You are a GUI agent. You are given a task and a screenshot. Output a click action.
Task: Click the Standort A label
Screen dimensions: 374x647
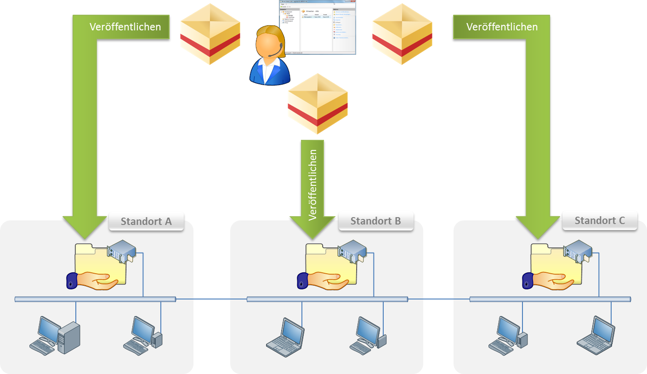pos(146,221)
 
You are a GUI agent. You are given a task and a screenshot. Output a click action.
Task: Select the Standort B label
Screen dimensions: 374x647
pos(375,221)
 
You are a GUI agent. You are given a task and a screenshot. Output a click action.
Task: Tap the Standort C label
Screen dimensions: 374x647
pos(600,220)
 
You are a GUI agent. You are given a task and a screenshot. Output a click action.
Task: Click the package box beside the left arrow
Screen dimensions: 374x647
pos(210,35)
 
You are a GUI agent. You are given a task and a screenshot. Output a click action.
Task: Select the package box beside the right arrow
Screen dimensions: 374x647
pos(402,35)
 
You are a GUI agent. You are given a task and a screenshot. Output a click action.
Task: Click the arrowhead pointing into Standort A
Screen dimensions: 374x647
pos(85,225)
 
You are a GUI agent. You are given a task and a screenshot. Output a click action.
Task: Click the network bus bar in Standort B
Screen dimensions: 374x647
pos(327,299)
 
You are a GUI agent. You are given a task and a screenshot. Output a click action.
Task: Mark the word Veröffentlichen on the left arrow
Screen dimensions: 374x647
pos(125,27)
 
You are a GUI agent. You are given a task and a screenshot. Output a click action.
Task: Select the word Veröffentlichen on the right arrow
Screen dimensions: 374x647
pos(502,27)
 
